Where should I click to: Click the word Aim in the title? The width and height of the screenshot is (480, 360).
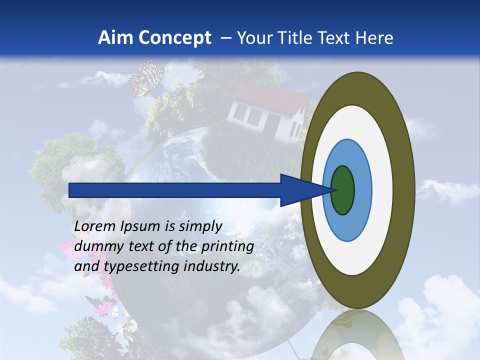pos(115,37)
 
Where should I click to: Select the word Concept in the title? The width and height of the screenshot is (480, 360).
pos(175,37)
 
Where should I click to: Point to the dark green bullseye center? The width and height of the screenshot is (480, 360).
pos(343,190)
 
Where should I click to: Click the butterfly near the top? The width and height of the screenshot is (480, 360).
pos(146,78)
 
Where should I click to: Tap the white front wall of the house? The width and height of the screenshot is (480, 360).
pos(250,117)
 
